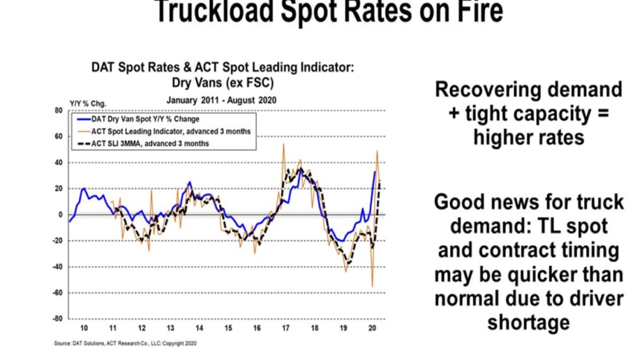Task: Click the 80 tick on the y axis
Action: pyautogui.click(x=58, y=111)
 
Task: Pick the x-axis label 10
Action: pyautogui.click(x=83, y=327)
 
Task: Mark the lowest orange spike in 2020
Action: pyautogui.click(x=372, y=286)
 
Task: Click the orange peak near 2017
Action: pyautogui.click(x=284, y=145)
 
